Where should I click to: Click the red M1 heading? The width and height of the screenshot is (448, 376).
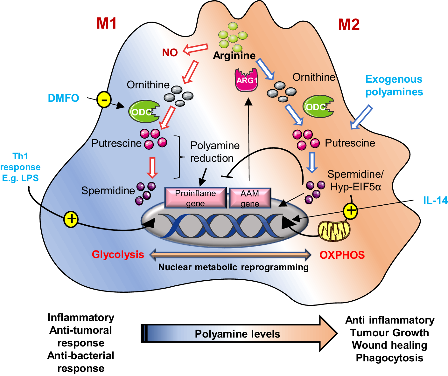[107, 24]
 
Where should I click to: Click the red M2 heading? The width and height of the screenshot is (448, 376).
[349, 24]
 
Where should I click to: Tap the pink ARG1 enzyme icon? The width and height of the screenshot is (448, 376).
[246, 80]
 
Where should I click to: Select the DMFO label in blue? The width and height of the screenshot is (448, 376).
[63, 98]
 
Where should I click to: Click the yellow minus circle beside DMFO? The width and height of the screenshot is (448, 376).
[104, 100]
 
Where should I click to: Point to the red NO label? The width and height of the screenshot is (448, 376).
[170, 52]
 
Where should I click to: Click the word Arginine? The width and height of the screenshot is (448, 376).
[234, 56]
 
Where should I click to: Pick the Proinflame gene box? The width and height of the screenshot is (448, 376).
[195, 198]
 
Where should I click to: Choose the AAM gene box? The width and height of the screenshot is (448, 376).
[250, 198]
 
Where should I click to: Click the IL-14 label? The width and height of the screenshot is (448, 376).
[435, 200]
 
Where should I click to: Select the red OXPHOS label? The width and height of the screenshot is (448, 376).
[342, 255]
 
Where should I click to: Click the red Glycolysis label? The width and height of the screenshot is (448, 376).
[118, 255]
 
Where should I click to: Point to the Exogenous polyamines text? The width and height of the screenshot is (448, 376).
[394, 85]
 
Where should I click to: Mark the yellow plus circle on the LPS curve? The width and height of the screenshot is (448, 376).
[71, 219]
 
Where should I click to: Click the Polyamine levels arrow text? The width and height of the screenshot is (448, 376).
[237, 334]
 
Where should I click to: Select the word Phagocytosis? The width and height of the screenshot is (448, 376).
[389, 358]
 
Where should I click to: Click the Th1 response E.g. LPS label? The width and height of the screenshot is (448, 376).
[20, 167]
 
